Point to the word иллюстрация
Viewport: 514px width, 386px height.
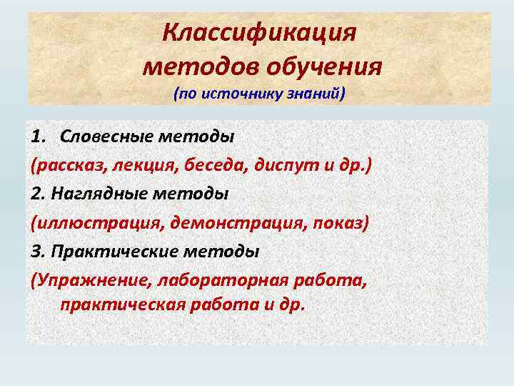click(x=96, y=223)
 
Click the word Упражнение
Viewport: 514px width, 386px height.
click(x=87, y=282)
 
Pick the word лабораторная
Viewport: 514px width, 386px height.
click(x=223, y=282)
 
